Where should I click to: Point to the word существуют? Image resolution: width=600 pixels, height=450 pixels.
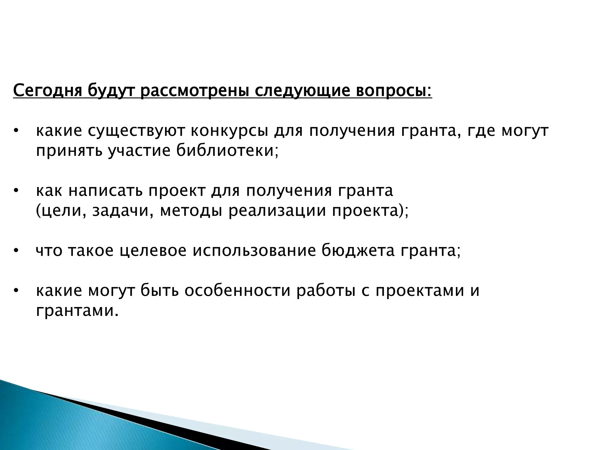(x=136, y=132)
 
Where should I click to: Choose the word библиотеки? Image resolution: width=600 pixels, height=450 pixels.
(x=227, y=151)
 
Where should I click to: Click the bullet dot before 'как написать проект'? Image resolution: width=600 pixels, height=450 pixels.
(x=16, y=192)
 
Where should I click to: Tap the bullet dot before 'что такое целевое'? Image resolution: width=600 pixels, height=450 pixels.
(x=16, y=251)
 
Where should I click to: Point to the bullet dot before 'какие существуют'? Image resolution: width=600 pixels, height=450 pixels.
(x=16, y=132)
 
